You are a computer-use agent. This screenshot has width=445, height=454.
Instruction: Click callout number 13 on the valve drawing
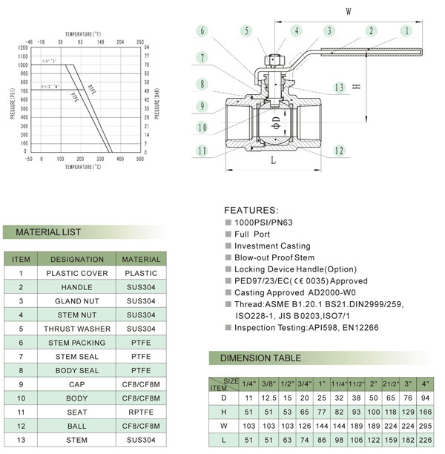(340, 88)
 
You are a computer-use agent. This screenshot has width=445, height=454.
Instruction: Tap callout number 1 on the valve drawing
(406, 30)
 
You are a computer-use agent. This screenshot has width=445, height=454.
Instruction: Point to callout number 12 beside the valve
(338, 151)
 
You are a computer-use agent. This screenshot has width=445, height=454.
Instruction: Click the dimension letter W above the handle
(349, 10)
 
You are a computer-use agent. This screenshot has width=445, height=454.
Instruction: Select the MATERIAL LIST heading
(47, 232)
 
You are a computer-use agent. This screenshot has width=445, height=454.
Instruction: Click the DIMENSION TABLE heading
(261, 358)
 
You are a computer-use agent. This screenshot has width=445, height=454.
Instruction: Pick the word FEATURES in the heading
(251, 211)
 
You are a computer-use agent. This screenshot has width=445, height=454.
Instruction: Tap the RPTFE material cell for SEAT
(141, 412)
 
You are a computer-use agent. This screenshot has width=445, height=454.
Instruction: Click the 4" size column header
(425, 384)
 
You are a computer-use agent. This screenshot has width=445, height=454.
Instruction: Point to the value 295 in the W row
(425, 426)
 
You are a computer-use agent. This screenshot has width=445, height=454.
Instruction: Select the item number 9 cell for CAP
(22, 384)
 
